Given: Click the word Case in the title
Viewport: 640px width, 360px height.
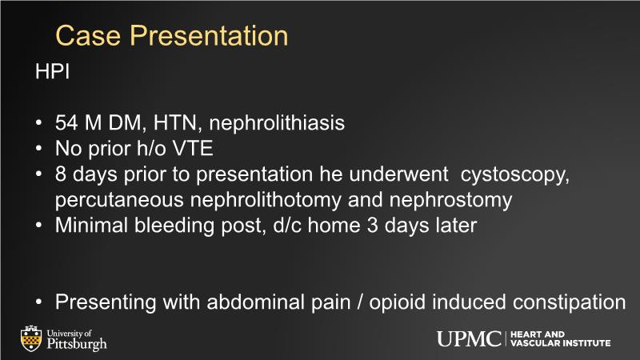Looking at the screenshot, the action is [x=88, y=35].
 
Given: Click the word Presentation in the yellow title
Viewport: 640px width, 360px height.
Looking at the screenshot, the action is [x=209, y=35].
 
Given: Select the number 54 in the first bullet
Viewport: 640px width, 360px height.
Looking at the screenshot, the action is [x=66, y=123].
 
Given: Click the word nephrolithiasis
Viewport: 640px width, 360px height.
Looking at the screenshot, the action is [x=277, y=123].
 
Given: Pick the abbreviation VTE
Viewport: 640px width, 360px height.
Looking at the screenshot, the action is [x=193, y=148].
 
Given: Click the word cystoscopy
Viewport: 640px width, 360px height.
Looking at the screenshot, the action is [x=514, y=175].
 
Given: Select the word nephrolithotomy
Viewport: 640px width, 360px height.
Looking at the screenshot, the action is [x=266, y=201].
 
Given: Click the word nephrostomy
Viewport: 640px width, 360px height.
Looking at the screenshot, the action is [x=450, y=201].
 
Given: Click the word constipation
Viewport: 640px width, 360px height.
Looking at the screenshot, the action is [x=569, y=303].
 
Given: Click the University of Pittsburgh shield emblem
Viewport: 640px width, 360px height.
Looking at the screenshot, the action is [x=31, y=338].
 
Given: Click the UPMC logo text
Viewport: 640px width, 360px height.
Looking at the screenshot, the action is [x=469, y=339].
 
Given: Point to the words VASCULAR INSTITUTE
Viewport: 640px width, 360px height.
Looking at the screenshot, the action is [x=561, y=344].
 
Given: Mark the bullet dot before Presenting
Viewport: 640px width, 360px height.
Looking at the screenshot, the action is [x=38, y=302].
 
